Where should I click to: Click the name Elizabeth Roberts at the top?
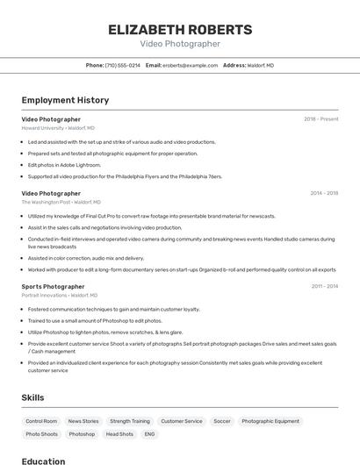click(x=180, y=30)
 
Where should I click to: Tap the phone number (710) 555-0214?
click(x=122, y=65)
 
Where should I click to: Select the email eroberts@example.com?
click(x=188, y=65)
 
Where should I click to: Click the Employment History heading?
click(x=65, y=100)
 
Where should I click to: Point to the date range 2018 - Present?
click(x=320, y=119)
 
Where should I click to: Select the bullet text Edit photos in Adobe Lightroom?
click(x=64, y=165)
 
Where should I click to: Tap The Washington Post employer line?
click(x=61, y=202)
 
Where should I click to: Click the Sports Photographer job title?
click(x=53, y=286)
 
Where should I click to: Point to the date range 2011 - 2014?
click(x=324, y=286)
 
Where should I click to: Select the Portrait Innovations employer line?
click(x=61, y=296)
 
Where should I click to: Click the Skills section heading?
click(x=32, y=397)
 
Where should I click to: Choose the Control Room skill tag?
click(x=41, y=421)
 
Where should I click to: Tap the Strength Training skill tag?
click(x=130, y=421)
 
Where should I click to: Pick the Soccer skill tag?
click(x=222, y=421)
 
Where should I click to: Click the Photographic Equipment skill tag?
click(x=270, y=421)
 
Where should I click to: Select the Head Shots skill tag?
click(x=119, y=434)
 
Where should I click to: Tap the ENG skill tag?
click(x=149, y=434)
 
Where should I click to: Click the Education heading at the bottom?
click(x=43, y=461)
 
